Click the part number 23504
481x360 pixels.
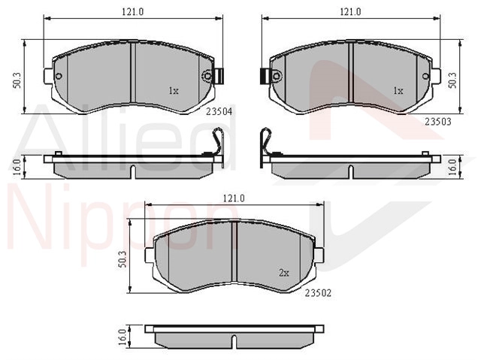(x=219, y=112)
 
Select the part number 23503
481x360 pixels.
(x=438, y=122)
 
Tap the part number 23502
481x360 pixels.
(x=318, y=293)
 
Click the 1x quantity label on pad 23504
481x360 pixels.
(x=174, y=91)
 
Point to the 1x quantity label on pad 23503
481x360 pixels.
(x=398, y=91)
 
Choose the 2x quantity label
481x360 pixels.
(x=284, y=273)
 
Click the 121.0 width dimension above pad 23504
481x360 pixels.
(x=133, y=12)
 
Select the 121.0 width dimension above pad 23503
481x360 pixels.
(x=350, y=12)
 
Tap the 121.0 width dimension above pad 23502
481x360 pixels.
(x=234, y=198)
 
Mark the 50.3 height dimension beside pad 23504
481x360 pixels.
(x=17, y=80)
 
